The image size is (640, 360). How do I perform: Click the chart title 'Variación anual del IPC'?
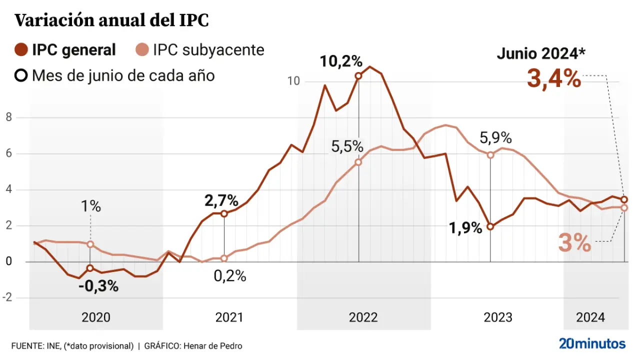(111, 20)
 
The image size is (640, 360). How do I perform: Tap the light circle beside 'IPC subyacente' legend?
(142, 50)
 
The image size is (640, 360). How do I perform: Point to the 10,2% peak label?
(341, 61)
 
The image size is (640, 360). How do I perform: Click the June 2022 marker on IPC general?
(358, 76)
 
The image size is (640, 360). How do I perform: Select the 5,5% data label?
(347, 146)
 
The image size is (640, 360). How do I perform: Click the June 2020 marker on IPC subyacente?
(90, 244)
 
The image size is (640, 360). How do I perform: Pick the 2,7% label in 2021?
(221, 200)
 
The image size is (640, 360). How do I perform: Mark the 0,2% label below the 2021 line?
(229, 275)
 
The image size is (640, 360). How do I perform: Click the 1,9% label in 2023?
(465, 228)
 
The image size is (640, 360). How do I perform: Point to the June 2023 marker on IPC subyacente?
(490, 155)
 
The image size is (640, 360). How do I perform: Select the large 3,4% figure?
(554, 79)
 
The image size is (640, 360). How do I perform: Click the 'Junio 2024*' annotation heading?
(541, 53)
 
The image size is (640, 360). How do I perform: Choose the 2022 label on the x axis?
(363, 317)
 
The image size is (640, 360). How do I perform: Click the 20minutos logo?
(592, 344)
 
